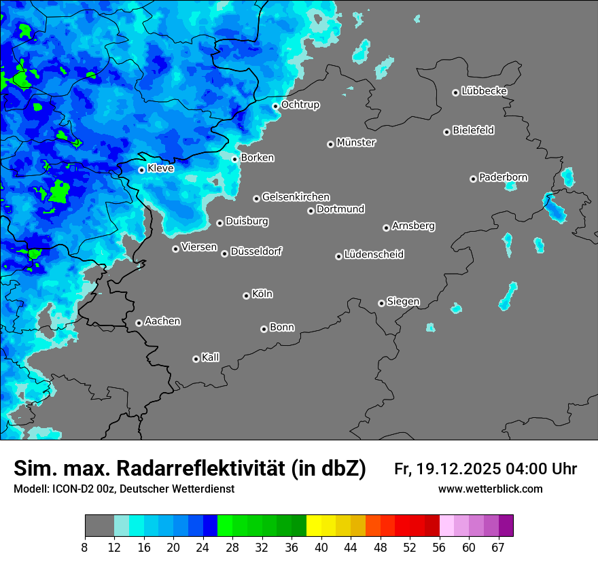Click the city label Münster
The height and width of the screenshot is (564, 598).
[356, 143]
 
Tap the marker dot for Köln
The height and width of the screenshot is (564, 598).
[246, 296]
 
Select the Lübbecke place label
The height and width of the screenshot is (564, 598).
[484, 91]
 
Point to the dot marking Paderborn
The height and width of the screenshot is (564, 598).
[473, 179]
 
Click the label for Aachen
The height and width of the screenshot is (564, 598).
[162, 321]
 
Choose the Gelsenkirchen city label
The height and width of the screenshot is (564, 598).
[296, 197]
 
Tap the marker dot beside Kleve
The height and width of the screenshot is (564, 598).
[141, 170]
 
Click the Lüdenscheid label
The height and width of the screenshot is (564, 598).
[374, 255]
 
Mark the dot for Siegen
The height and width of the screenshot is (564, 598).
[381, 303]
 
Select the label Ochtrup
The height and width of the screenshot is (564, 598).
[300, 105]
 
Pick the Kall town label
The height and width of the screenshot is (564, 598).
[211, 357]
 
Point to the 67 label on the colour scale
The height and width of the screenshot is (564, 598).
[498, 547]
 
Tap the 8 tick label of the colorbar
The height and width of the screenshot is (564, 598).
[85, 547]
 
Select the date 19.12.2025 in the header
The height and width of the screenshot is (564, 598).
[459, 469]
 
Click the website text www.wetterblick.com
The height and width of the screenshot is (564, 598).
[490, 489]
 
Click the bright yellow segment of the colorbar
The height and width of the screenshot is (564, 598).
[314, 526]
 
